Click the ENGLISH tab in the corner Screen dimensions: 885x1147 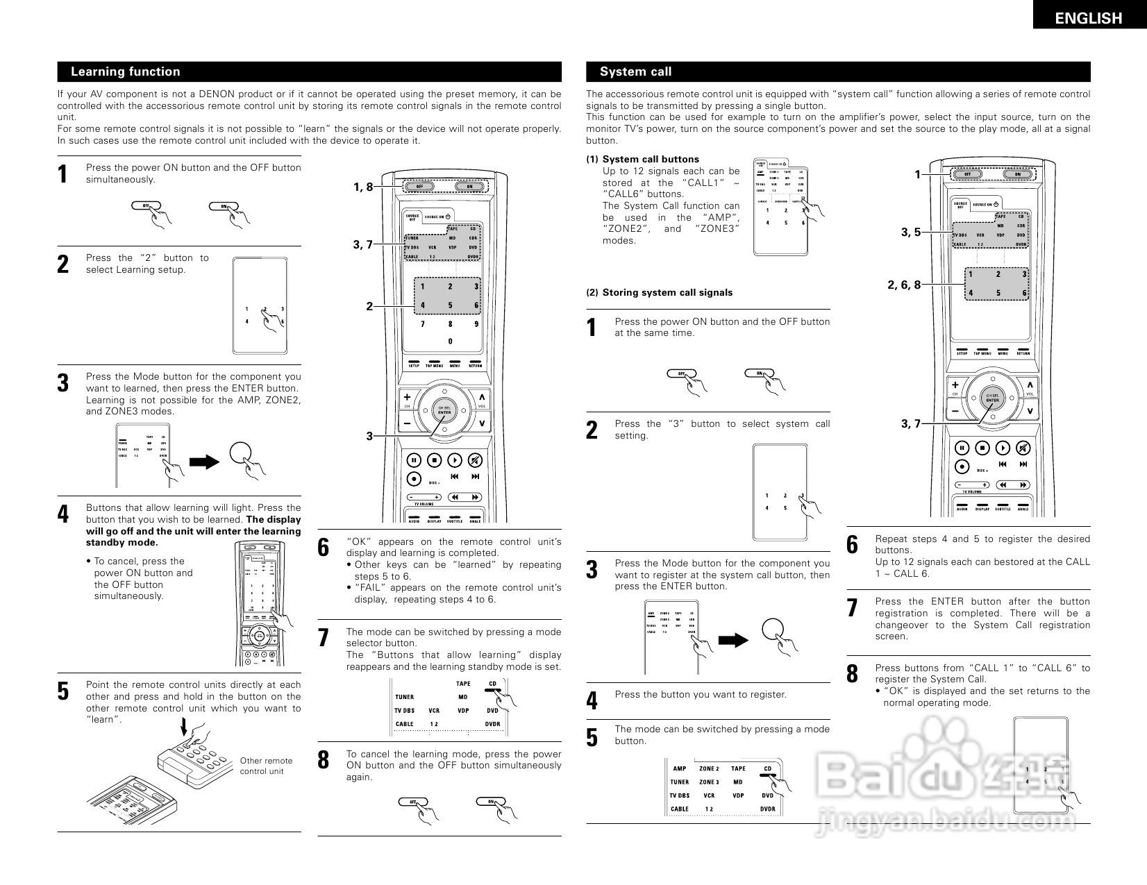1088,19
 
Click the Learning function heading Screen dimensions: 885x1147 126,71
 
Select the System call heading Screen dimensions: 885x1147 635,71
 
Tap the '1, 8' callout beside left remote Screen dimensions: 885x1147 363,186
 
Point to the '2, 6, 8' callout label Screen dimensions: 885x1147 903,285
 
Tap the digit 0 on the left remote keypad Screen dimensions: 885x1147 450,341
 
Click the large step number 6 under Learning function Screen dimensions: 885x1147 324,547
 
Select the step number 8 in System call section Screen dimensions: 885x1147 853,673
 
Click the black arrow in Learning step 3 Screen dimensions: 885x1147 204,462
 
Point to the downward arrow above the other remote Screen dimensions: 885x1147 184,727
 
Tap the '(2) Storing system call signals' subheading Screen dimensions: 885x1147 660,292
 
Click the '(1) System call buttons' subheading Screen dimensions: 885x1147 643,159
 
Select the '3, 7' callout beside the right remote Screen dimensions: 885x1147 910,423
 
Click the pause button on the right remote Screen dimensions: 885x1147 962,448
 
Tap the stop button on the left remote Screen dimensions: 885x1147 434,460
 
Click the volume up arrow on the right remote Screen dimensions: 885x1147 1030,385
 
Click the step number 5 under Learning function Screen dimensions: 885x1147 63,691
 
